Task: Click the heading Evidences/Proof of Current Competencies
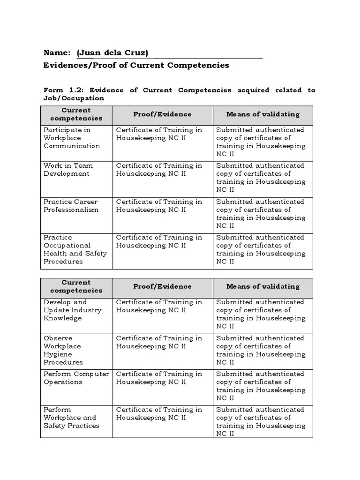coord(136,65)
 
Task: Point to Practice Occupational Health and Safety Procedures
coord(75,249)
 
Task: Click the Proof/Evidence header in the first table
coord(162,114)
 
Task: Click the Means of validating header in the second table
coord(262,286)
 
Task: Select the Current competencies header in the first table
coord(76,114)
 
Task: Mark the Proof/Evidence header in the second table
coord(162,286)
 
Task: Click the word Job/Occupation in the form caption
coord(74,98)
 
